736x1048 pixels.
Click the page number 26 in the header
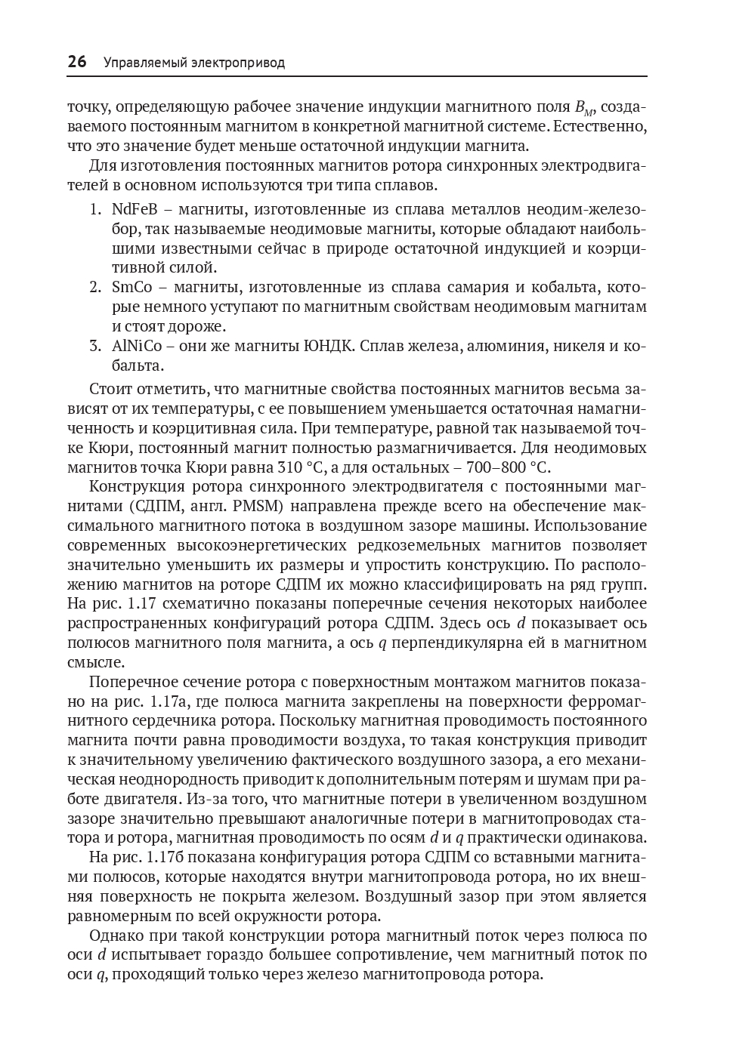77,62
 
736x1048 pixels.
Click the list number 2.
94,288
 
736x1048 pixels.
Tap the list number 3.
94,347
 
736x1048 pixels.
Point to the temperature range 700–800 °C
510,467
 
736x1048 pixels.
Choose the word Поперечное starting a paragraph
129,682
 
